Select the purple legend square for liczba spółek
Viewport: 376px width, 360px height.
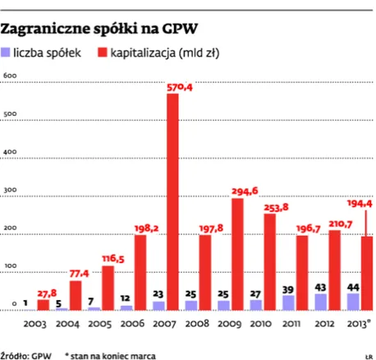click(x=7, y=53)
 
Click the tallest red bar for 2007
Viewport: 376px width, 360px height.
click(x=172, y=201)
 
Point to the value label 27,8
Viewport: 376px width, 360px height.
click(x=48, y=281)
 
